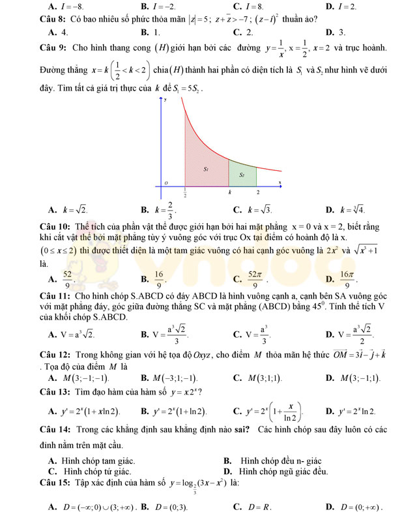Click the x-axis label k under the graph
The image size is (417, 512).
229,193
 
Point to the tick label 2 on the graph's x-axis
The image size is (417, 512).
258,193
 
